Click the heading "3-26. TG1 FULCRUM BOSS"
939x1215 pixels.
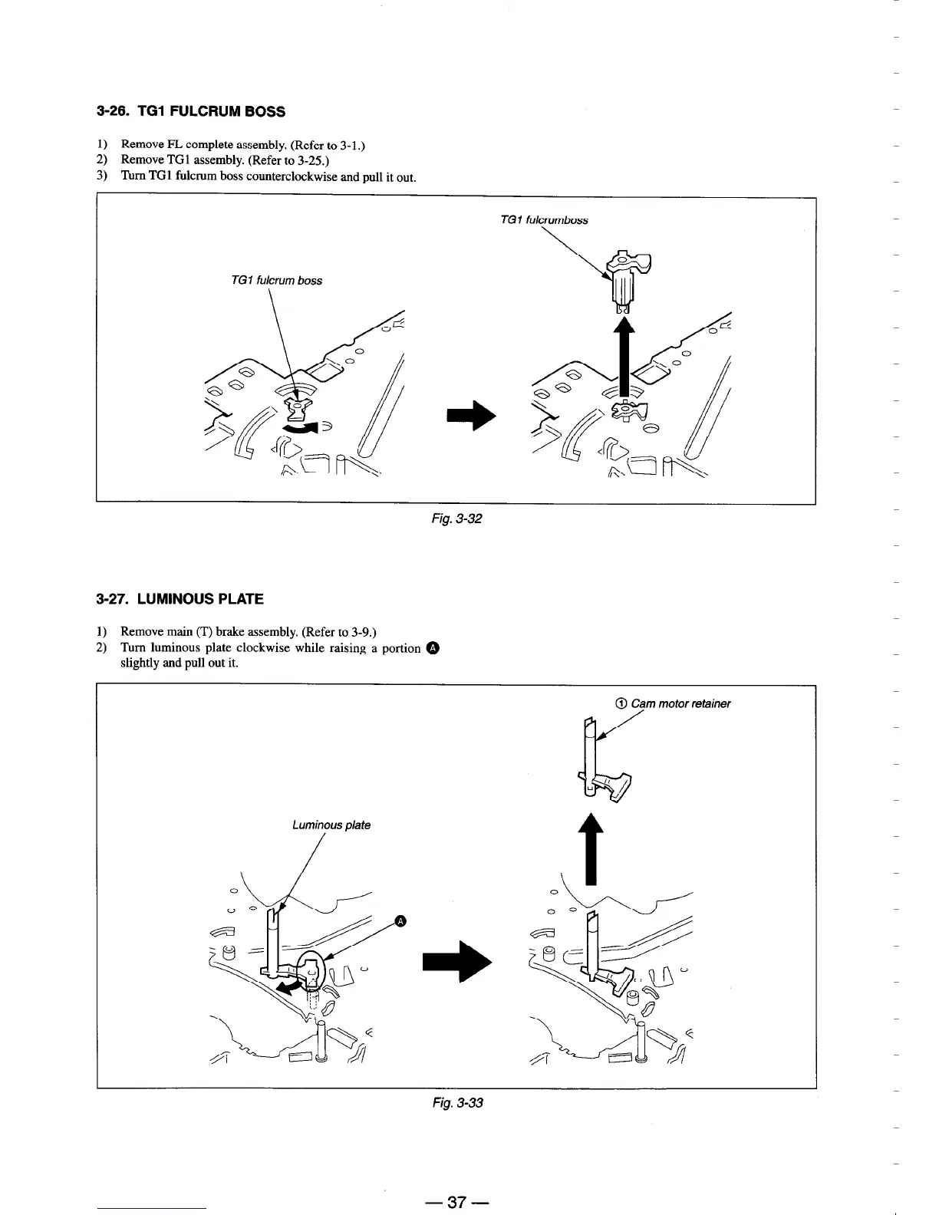click(191, 112)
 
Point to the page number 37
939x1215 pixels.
click(457, 1201)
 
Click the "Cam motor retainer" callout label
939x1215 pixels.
click(680, 703)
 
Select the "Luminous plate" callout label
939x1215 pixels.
click(331, 825)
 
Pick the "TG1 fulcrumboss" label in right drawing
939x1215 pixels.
click(543, 220)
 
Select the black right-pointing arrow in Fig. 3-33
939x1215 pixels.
click(457, 958)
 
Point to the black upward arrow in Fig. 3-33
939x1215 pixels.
click(589, 848)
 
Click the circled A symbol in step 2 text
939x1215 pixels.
click(433, 649)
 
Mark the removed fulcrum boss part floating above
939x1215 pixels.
click(628, 280)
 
